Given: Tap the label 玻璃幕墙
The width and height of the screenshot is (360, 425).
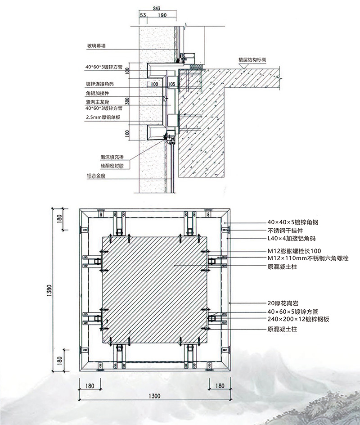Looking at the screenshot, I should pyautogui.click(x=97, y=45).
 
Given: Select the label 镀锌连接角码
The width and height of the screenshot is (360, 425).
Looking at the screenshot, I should pyautogui.click(x=100, y=84).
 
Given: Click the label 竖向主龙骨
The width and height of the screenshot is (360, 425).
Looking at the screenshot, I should pyautogui.click(x=98, y=102).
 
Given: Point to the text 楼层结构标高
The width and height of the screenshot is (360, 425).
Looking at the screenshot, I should pyautogui.click(x=255, y=59).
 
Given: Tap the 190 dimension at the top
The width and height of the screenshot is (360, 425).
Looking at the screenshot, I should pyautogui.click(x=162, y=15).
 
